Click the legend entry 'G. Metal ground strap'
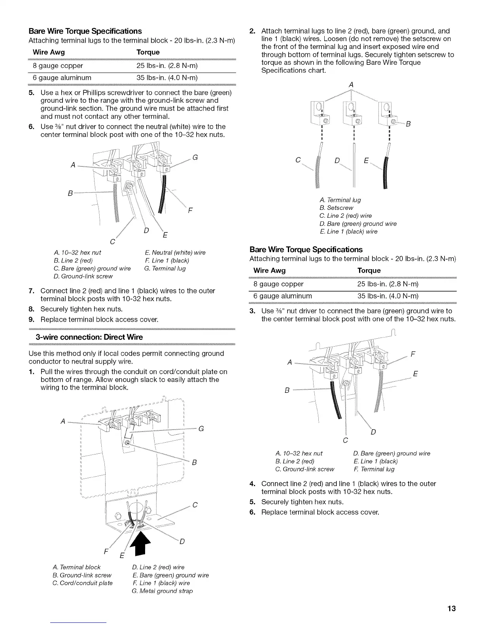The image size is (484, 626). tap(162, 591)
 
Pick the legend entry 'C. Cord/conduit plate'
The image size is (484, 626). tap(82, 583)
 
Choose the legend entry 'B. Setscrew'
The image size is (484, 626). tap(336, 208)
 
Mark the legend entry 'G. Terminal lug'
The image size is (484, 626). tap(165, 268)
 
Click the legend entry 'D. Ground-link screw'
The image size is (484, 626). tap(83, 276)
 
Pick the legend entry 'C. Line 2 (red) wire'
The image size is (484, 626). tap(345, 216)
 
